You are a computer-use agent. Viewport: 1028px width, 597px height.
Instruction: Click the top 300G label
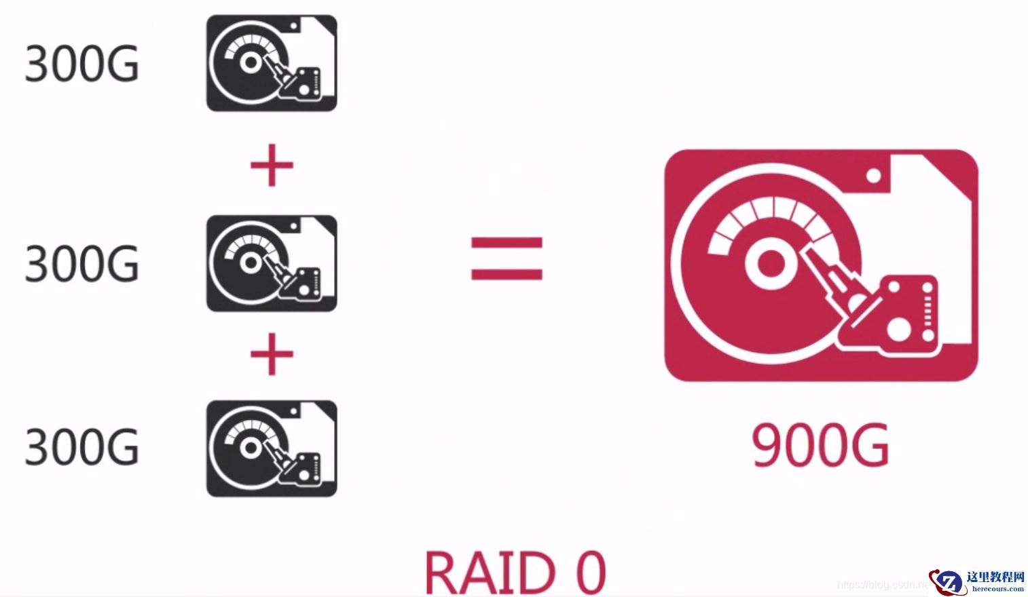(x=81, y=64)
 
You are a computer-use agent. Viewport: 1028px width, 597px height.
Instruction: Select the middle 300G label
(x=81, y=263)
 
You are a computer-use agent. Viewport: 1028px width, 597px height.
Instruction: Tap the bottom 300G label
(x=81, y=448)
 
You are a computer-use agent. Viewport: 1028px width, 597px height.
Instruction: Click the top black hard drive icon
(x=272, y=63)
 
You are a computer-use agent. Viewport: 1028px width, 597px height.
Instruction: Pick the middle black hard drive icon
(x=272, y=263)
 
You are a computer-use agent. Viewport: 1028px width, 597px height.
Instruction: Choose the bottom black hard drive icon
(x=272, y=448)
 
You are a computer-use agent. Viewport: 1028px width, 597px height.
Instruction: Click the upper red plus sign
(x=272, y=165)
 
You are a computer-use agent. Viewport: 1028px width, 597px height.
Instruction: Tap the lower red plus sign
(x=272, y=354)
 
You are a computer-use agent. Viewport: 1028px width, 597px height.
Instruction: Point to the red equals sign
(x=507, y=258)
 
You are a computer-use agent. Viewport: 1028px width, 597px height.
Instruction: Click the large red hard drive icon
(x=820, y=265)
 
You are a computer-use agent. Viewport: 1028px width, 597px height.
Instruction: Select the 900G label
(x=820, y=446)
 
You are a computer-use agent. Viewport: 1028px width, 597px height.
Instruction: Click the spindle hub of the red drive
(x=769, y=264)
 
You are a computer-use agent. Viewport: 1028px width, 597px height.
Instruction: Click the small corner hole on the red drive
(x=873, y=176)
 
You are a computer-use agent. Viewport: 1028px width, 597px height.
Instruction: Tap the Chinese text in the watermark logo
(x=995, y=577)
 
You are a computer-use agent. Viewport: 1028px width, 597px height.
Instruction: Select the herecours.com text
(x=997, y=589)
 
